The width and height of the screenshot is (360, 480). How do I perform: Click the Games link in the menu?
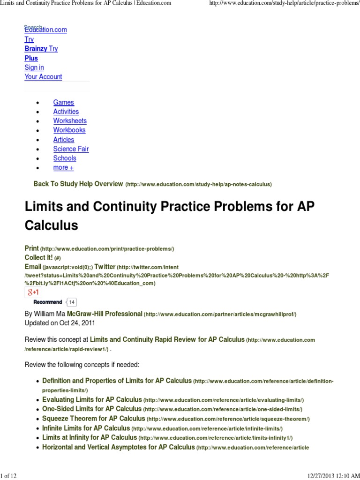click(63, 102)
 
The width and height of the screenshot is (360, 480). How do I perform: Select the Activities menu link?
click(66, 112)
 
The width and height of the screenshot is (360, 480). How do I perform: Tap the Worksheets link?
click(70, 121)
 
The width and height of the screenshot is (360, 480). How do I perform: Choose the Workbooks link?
click(69, 130)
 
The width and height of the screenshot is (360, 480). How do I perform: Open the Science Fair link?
click(71, 149)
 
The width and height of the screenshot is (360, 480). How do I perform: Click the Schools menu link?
click(65, 158)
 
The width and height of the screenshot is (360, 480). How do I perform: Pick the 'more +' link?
click(63, 168)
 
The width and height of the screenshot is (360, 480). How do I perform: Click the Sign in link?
click(34, 67)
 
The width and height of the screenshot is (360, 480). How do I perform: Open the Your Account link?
click(43, 77)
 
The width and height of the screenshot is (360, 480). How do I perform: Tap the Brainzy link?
click(36, 49)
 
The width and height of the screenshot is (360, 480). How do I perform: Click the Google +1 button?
click(32, 292)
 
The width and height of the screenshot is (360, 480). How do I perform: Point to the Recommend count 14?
click(72, 302)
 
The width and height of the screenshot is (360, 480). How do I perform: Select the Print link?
click(31, 248)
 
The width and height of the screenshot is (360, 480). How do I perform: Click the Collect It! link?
click(38, 257)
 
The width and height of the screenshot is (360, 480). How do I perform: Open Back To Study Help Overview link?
click(78, 184)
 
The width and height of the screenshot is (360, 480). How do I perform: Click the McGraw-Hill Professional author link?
click(105, 314)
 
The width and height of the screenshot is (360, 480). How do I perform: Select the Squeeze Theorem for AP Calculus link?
click(93, 419)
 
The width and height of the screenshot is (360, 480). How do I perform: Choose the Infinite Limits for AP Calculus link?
click(86, 428)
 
